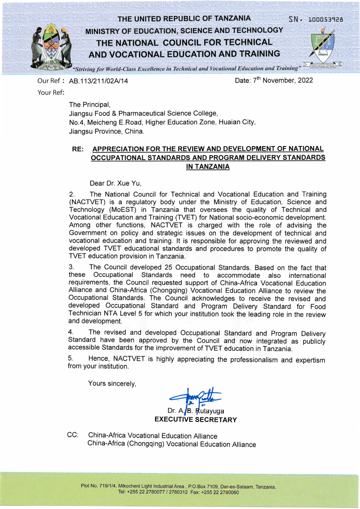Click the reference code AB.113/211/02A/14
pyautogui.click(x=99, y=81)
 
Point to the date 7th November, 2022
pyautogui.click(x=274, y=80)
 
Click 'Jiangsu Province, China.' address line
pyautogui.click(x=107, y=131)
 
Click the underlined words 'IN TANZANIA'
pyautogui.click(x=208, y=167)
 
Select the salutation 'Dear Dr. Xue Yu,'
pyautogui.click(x=116, y=184)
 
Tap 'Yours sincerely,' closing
pyautogui.click(x=112, y=384)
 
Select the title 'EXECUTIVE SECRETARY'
pyautogui.click(x=195, y=420)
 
